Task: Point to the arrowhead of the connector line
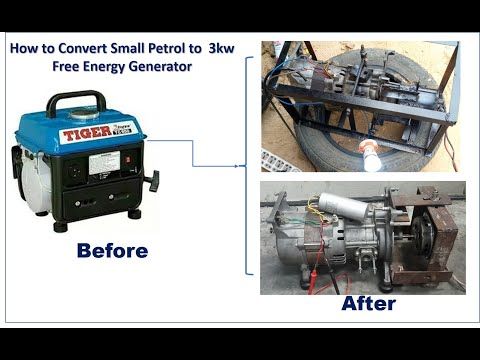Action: (242, 164)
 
